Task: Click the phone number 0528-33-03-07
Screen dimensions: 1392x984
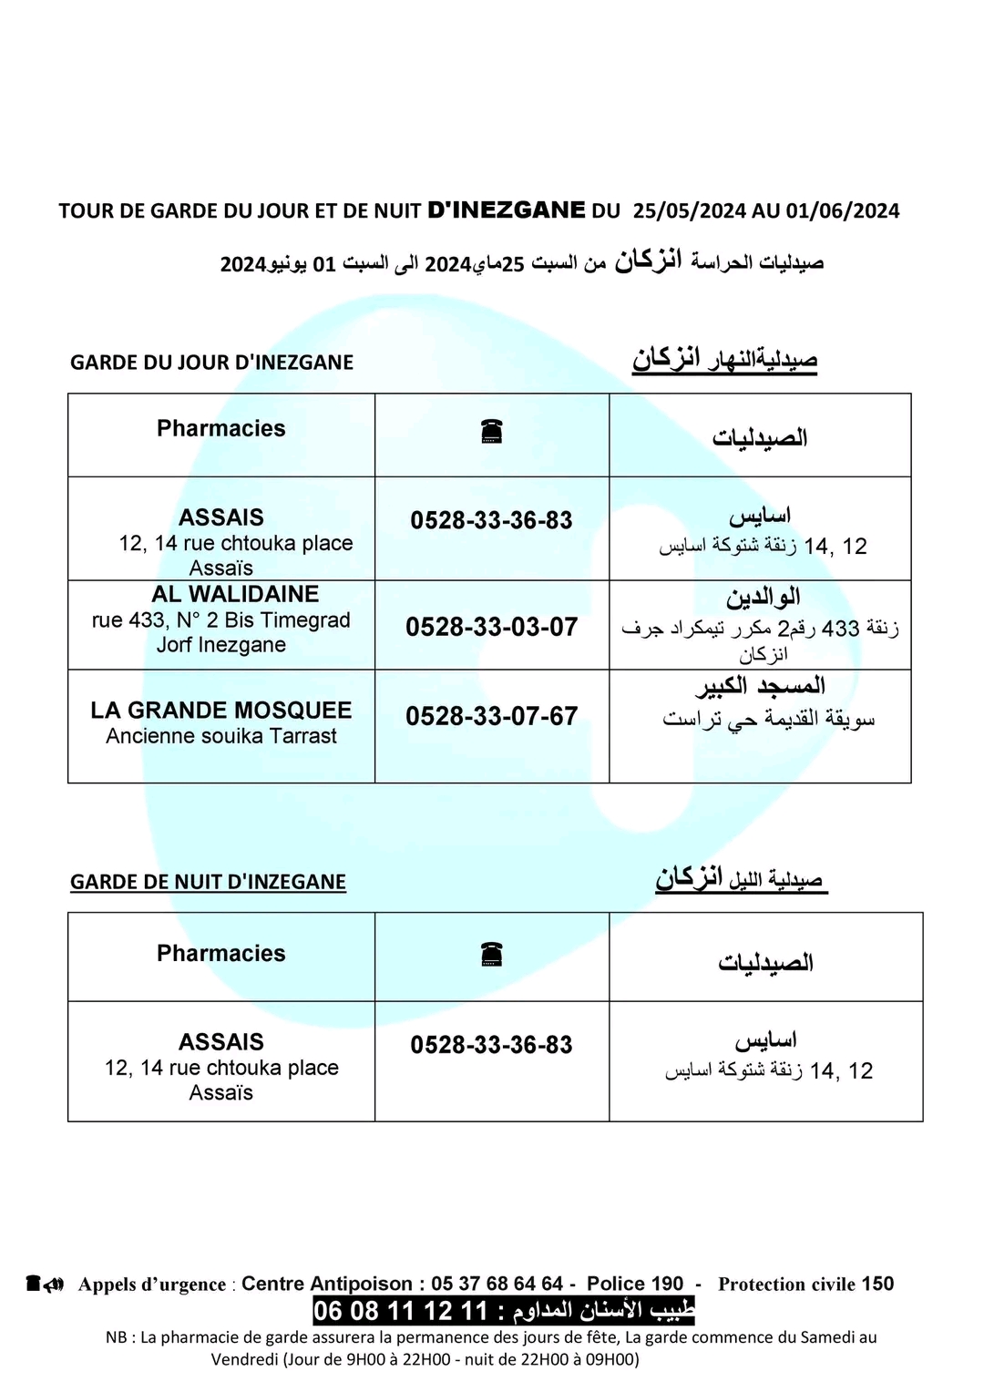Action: point(491,627)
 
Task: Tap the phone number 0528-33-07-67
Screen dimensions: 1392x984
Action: point(491,716)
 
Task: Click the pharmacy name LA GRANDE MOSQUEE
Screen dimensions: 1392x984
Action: point(220,711)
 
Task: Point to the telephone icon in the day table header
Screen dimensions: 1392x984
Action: point(492,432)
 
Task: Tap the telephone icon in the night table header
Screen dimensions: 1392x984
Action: point(492,954)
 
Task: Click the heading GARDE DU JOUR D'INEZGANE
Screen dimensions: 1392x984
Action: point(211,363)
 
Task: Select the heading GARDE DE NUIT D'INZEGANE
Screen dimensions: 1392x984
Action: point(208,882)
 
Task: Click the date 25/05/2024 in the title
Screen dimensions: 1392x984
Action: point(689,211)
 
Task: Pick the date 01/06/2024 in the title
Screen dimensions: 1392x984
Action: point(843,211)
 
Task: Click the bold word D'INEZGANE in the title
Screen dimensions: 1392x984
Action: point(507,210)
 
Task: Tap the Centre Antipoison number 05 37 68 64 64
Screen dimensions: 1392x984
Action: point(497,1284)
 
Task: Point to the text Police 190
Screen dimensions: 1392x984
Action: point(635,1284)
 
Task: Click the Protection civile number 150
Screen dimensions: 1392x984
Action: point(877,1284)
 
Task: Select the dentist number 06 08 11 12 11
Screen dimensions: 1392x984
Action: point(401,1311)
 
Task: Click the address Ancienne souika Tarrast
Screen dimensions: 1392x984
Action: point(220,736)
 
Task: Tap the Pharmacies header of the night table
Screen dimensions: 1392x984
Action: point(220,954)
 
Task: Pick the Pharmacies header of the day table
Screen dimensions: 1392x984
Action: point(220,429)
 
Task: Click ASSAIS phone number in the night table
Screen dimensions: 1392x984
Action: point(491,1045)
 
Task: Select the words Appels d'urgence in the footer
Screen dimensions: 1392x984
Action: point(152,1285)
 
